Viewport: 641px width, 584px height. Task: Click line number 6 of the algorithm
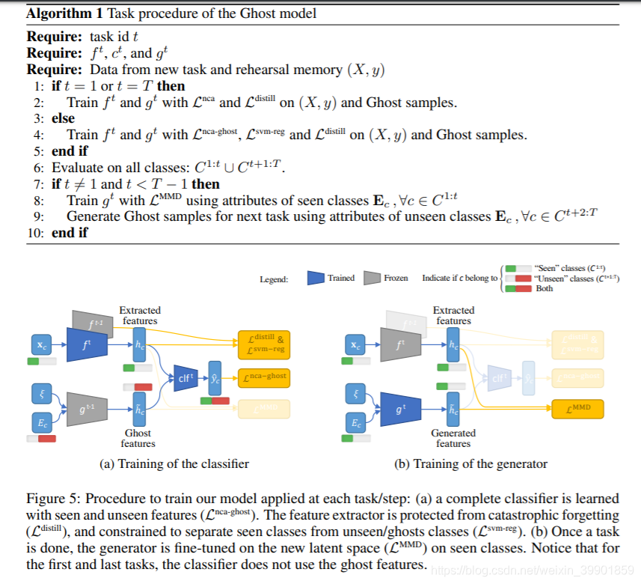coord(38,167)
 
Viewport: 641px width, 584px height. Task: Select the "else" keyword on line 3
coord(64,118)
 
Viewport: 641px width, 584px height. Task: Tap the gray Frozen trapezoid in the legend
coord(372,278)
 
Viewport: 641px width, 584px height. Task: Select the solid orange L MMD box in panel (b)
coord(576,409)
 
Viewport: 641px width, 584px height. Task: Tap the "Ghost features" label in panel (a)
coord(138,438)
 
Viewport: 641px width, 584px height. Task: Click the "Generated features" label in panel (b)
coord(453,438)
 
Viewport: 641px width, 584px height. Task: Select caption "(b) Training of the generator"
coord(470,464)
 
